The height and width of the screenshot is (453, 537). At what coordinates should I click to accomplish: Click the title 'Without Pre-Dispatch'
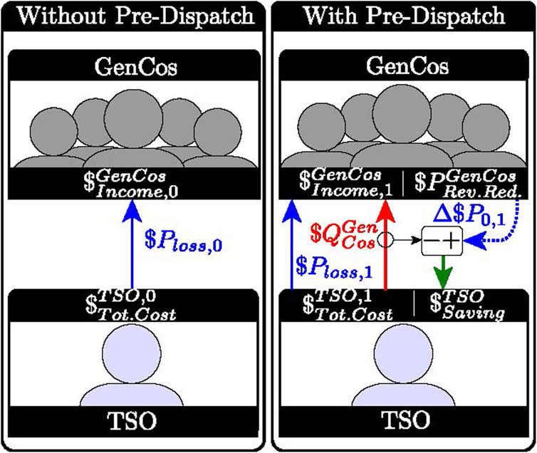tap(132, 16)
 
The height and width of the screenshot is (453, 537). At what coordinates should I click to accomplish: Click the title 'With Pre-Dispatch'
tap(403, 16)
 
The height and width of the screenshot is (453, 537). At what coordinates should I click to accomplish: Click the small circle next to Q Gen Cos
tap(386, 240)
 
